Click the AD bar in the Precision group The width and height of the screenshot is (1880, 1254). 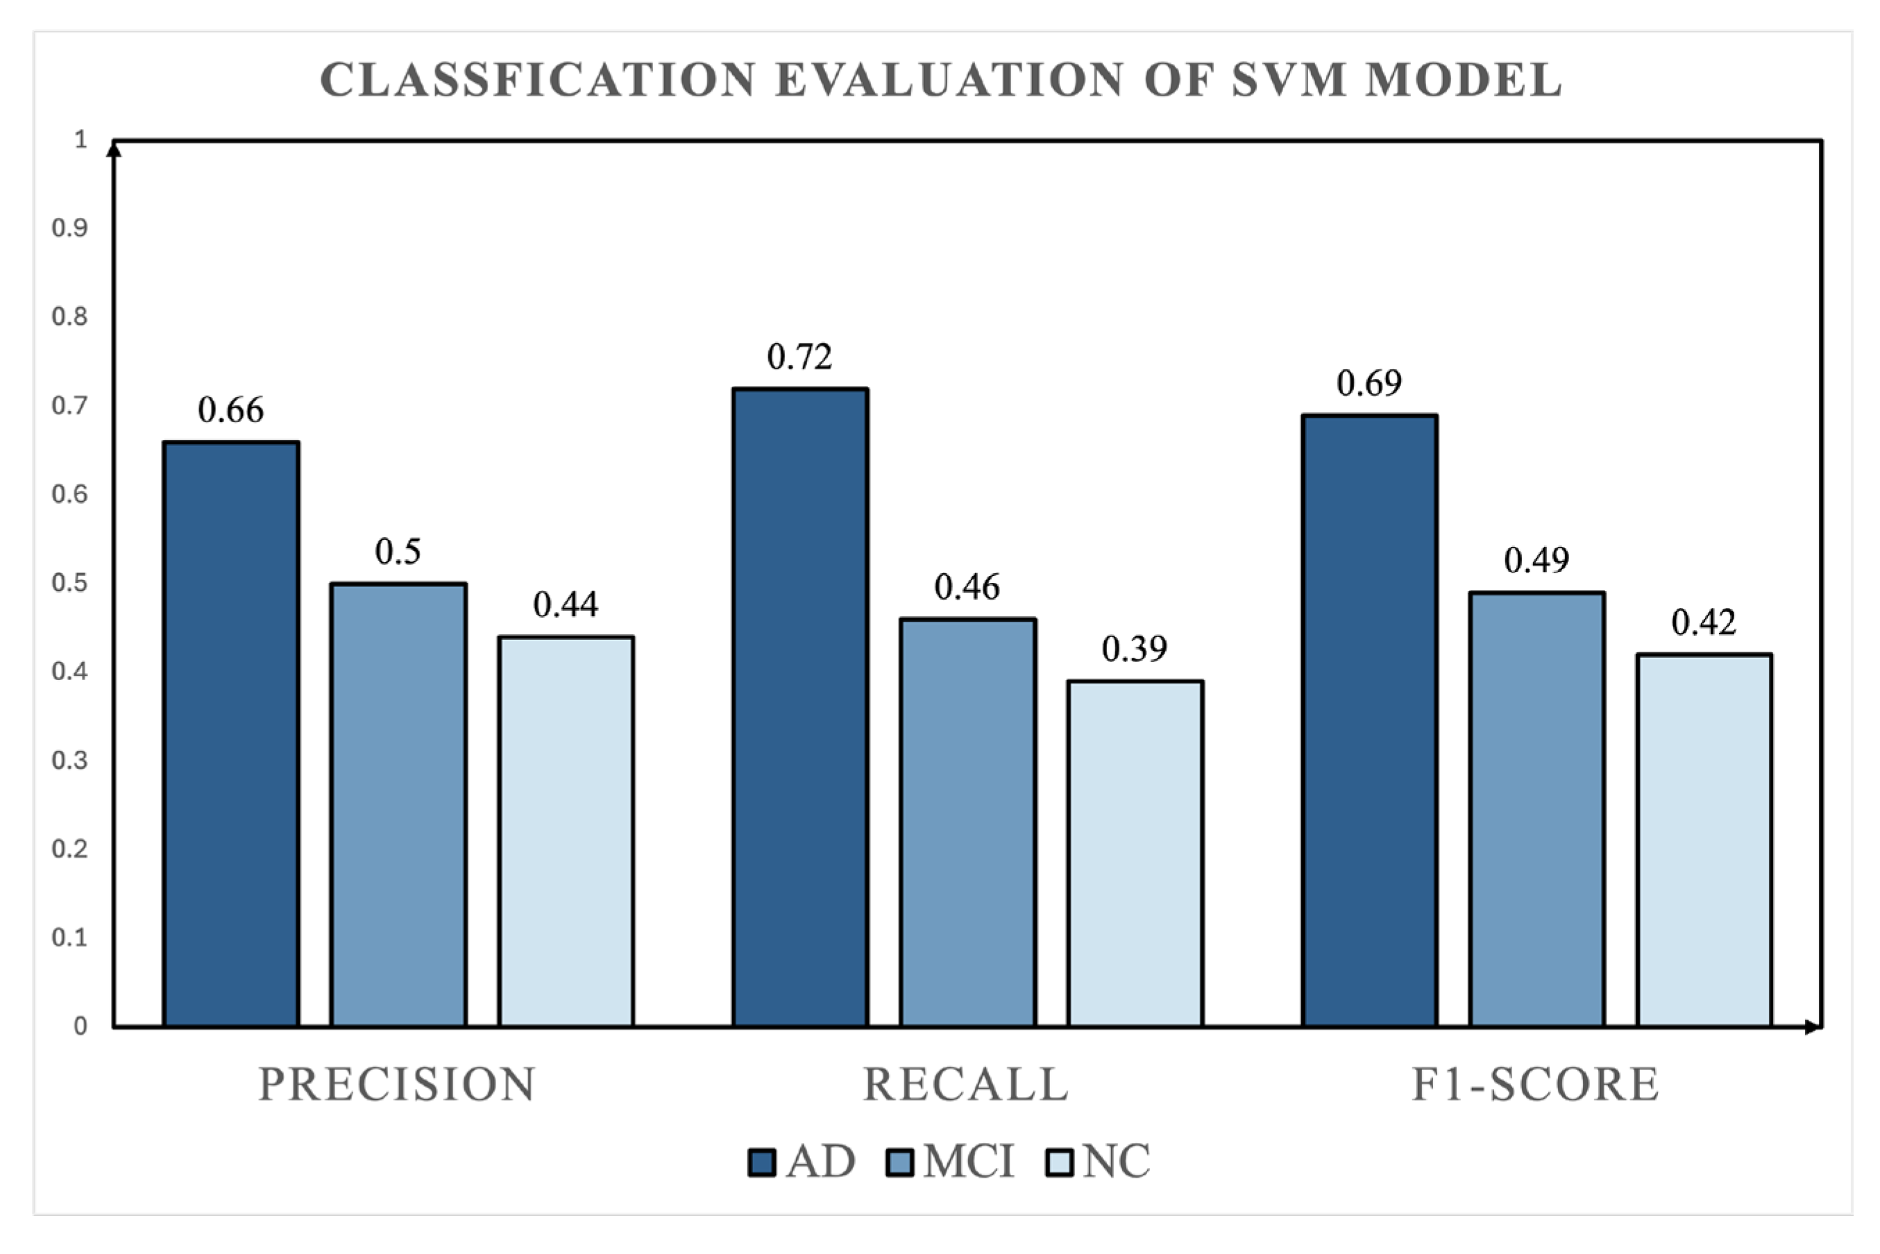[x=231, y=734]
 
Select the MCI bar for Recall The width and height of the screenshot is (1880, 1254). [x=967, y=822]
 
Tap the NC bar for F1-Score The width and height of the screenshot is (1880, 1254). [x=1704, y=840]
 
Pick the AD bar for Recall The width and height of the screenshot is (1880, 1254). [x=800, y=707]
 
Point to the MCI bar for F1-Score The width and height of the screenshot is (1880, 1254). [x=1537, y=808]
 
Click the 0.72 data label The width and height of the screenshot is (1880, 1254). [x=799, y=357]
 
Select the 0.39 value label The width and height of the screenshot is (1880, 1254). [x=1135, y=649]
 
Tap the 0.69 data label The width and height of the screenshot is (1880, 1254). [x=1369, y=383]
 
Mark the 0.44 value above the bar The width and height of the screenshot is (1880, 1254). [x=566, y=604]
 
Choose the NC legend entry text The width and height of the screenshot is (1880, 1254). [x=1117, y=1161]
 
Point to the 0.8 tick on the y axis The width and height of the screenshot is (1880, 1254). [x=69, y=316]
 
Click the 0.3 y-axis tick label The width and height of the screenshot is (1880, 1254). [x=69, y=760]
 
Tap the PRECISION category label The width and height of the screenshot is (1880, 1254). [x=398, y=1085]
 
